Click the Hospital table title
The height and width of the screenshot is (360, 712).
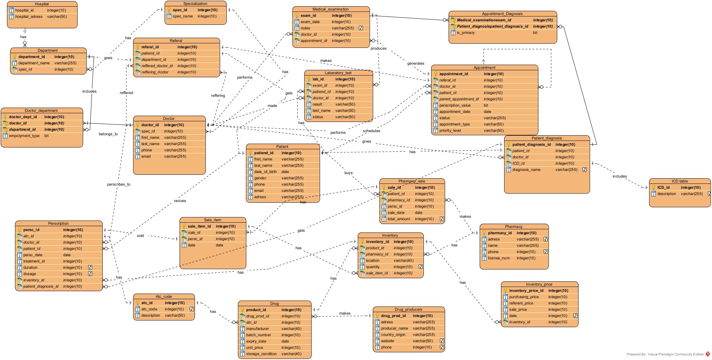(x=42, y=4)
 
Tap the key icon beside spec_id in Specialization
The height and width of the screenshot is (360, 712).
(x=169, y=10)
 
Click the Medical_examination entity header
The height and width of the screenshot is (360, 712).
(x=330, y=9)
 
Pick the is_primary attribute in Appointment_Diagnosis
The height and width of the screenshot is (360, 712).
(x=466, y=33)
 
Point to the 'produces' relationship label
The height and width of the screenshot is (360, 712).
(x=378, y=48)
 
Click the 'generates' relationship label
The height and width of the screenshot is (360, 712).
(x=416, y=63)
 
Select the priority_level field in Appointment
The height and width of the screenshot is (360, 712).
(x=450, y=130)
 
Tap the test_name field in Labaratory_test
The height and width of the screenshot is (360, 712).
(x=321, y=110)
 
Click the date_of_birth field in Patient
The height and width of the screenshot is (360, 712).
(x=265, y=172)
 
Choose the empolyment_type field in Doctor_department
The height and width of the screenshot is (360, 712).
(x=24, y=136)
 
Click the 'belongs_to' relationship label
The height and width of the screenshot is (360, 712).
(x=108, y=134)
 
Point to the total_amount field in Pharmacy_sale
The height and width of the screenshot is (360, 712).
(x=399, y=219)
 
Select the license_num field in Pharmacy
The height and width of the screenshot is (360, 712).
(x=499, y=258)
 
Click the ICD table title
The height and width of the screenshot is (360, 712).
(x=680, y=181)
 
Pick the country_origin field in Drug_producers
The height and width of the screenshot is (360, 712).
(x=393, y=334)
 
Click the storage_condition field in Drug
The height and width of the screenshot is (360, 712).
(x=261, y=354)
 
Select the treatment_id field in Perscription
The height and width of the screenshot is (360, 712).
(x=34, y=261)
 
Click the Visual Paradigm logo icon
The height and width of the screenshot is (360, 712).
(x=708, y=354)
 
